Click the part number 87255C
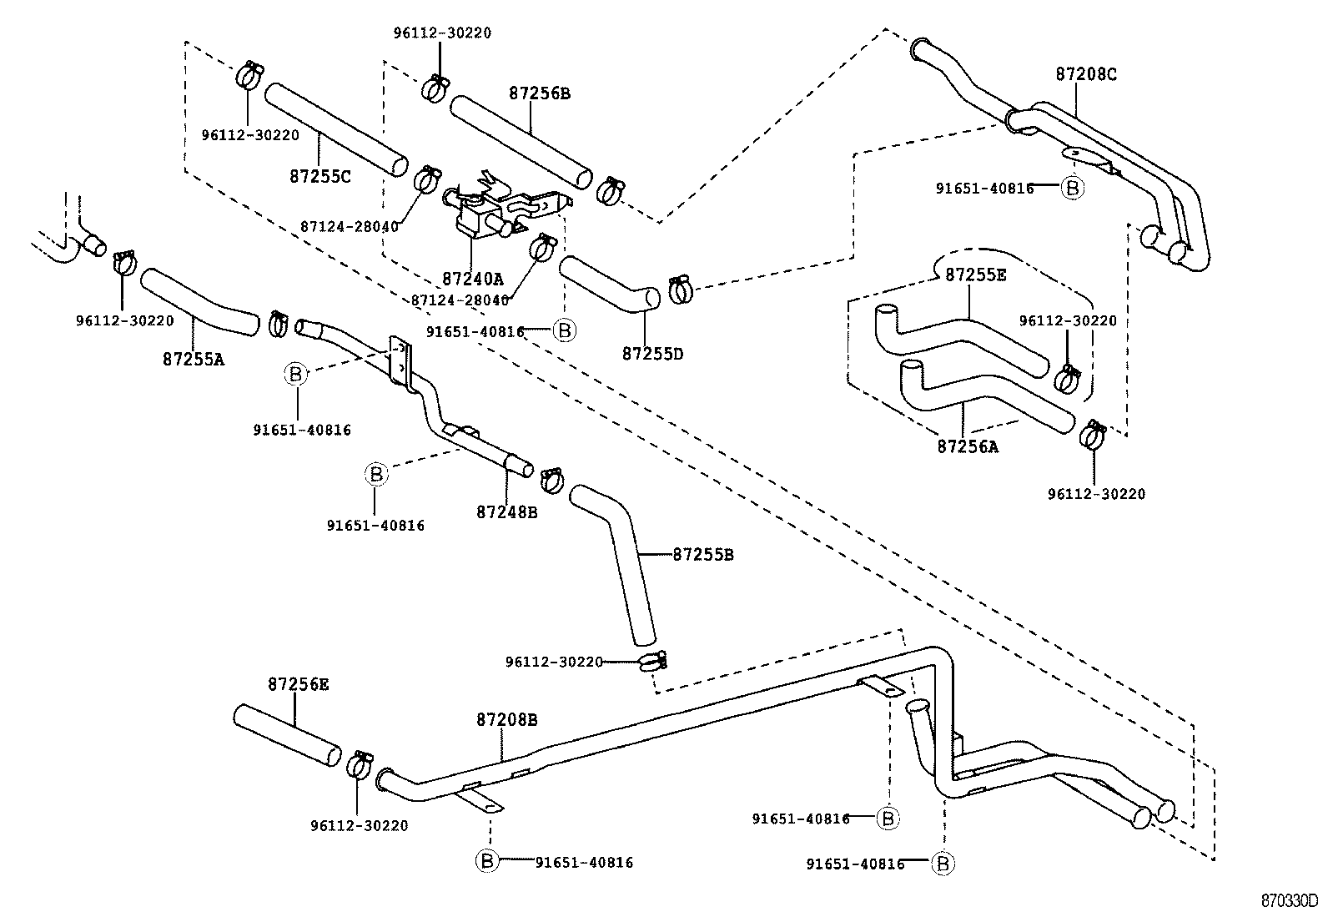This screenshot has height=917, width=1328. (x=319, y=177)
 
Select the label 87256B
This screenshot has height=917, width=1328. (x=539, y=93)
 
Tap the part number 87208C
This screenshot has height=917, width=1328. (x=1085, y=74)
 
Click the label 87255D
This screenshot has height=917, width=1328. (x=651, y=354)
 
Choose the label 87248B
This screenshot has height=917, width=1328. (x=506, y=511)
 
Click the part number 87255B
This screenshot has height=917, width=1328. (x=702, y=554)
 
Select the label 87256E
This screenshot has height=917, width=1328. (x=298, y=684)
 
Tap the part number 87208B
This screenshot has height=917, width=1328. (x=506, y=718)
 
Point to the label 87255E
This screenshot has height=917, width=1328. (x=975, y=275)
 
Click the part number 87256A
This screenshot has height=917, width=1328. (x=967, y=446)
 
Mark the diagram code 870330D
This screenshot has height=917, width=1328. (x=1289, y=902)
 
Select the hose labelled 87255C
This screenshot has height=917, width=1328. (x=336, y=129)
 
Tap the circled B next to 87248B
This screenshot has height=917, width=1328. (x=376, y=475)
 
